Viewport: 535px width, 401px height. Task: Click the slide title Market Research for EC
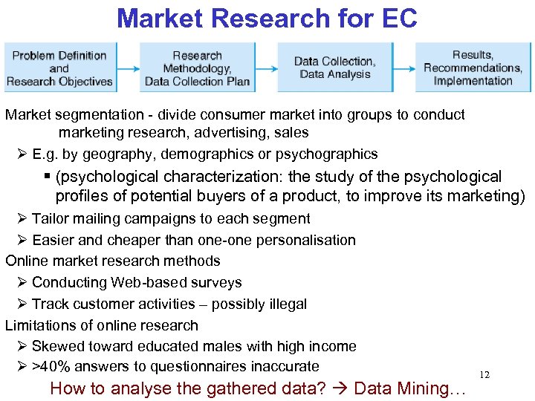pos(267,18)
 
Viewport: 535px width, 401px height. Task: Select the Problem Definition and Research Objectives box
pos(59,68)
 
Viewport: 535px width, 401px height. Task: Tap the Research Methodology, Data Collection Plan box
pos(197,68)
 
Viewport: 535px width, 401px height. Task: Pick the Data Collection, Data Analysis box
pos(334,68)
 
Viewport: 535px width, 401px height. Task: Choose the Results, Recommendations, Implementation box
pos(473,68)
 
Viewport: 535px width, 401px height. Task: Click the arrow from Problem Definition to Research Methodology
pos(127,68)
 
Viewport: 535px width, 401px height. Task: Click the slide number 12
pos(484,375)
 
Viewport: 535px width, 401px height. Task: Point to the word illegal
pos(282,304)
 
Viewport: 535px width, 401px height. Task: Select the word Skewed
pos(58,346)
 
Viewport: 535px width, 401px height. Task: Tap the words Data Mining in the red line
pos(409,388)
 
